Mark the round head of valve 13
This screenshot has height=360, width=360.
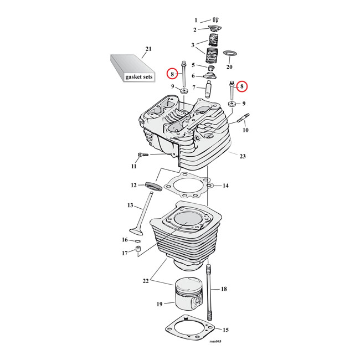[x=136, y=232]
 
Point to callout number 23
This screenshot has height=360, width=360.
[x=242, y=157]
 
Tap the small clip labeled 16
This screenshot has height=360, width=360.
[x=136, y=241]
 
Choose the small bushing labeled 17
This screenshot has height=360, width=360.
[x=133, y=253]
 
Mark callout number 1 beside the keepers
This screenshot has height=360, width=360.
[x=195, y=20]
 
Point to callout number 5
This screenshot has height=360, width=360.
[x=193, y=65]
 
